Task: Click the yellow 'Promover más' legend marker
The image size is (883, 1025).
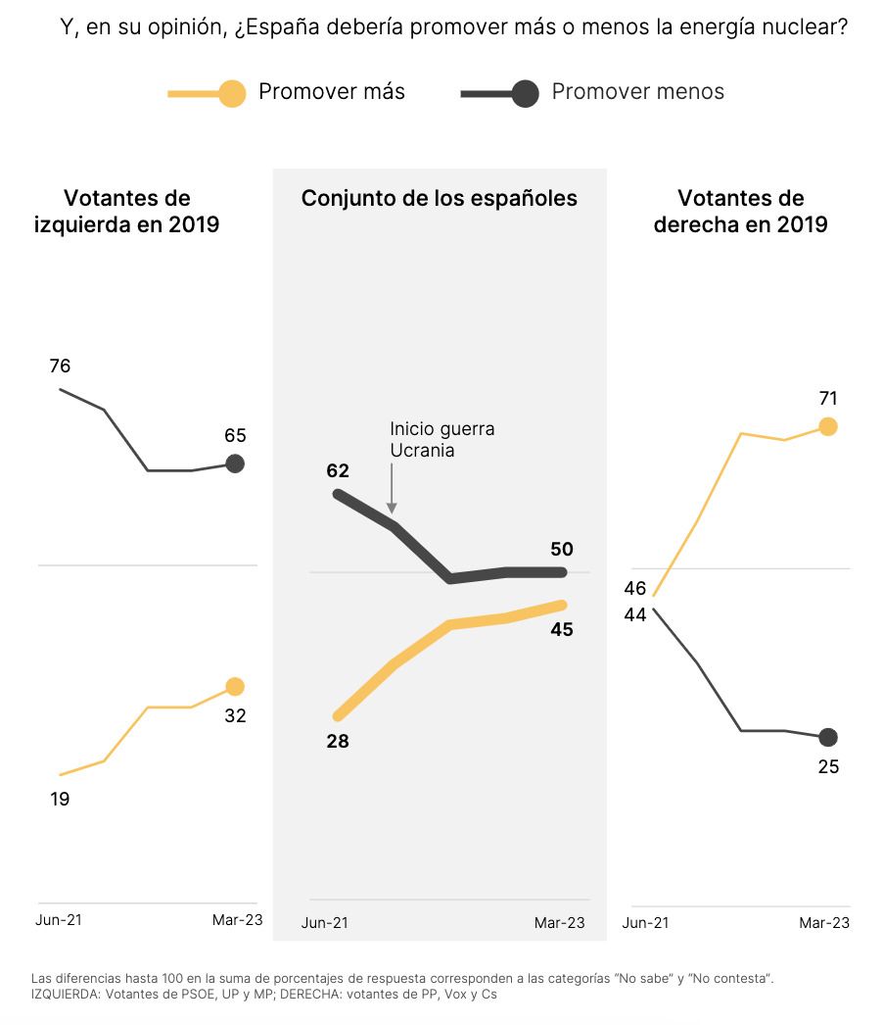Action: pos(231,93)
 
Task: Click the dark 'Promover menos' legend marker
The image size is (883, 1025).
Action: pos(525,93)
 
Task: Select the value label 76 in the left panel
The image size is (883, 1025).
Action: pos(60,366)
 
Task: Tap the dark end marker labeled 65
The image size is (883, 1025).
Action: pos(235,464)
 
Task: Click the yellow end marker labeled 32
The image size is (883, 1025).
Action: pos(235,687)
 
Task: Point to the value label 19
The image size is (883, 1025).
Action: pos(60,799)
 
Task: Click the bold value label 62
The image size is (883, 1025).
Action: pos(338,471)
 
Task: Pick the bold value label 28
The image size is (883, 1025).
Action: pos(338,742)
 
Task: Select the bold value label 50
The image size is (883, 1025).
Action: pos(562,549)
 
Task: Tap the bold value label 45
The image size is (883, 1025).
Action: pos(562,630)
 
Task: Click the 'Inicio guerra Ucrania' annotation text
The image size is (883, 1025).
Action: pos(441,440)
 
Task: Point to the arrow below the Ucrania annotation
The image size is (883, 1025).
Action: pos(392,490)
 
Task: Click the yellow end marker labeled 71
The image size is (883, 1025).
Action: pos(828,426)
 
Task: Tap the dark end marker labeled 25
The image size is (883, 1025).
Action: pos(828,737)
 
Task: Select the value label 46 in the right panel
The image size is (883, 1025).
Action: pos(634,588)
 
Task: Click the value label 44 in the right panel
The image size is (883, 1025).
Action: pos(634,614)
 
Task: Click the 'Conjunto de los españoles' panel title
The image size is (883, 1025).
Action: pos(440,199)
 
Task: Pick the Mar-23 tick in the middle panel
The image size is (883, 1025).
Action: pos(559,923)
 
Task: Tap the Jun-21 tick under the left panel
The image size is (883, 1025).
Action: pos(59,919)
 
